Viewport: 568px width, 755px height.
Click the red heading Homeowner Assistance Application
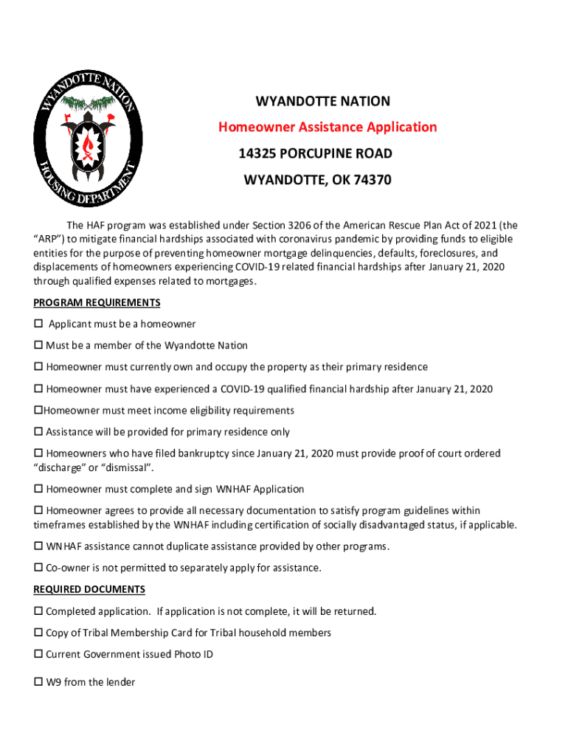pyautogui.click(x=327, y=128)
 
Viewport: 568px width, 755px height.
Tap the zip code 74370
pyautogui.click(x=371, y=180)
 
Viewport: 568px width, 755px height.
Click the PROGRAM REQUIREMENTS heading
pyautogui.click(x=97, y=303)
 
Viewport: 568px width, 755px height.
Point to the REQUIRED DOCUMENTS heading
pyautogui.click(x=89, y=589)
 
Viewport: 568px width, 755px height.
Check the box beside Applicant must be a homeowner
pyautogui.click(x=38, y=324)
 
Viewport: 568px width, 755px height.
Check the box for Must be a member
pyautogui.click(x=38, y=346)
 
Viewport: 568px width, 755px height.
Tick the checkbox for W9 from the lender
pyautogui.click(x=38, y=683)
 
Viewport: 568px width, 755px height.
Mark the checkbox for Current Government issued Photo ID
pyautogui.click(x=38, y=655)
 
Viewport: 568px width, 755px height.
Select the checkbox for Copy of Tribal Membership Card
pyautogui.click(x=38, y=633)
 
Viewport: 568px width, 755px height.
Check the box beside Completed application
pyautogui.click(x=38, y=612)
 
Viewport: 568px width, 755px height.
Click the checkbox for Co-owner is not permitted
pyautogui.click(x=38, y=568)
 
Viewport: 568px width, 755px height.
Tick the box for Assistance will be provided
pyautogui.click(x=38, y=433)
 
